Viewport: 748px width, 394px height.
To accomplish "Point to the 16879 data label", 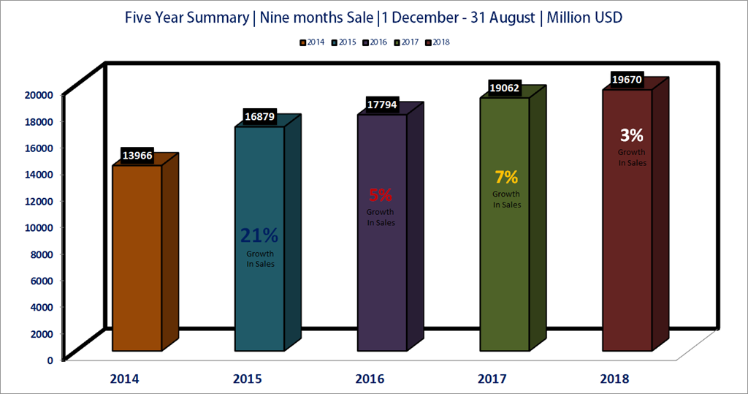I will click(259, 117).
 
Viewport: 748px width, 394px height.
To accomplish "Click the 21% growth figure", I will click(259, 235).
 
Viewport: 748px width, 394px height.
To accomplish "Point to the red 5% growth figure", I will click(381, 195).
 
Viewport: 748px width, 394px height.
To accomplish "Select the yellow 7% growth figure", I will click(506, 177).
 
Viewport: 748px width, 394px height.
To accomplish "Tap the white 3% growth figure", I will click(632, 135).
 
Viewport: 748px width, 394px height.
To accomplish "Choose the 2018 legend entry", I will click(438, 42).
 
